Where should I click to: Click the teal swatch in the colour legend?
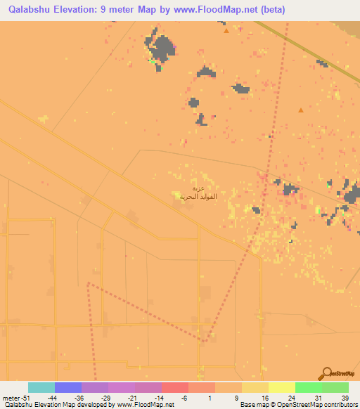(41, 387)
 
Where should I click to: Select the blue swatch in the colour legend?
(68, 387)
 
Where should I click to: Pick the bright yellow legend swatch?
(281, 387)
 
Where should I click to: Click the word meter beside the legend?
(9, 398)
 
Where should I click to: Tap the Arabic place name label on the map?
(191, 193)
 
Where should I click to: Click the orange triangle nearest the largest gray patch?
(226, 31)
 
